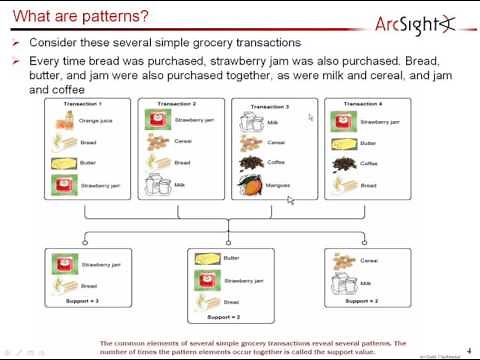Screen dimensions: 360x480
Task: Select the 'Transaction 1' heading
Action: click(85, 104)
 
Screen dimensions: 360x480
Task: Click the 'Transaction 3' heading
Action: click(269, 106)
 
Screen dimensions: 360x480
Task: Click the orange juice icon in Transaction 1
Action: click(63, 122)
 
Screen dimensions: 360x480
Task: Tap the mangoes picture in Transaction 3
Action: click(251, 184)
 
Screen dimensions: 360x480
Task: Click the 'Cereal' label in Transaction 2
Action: click(184, 142)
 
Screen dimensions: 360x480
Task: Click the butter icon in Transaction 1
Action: click(63, 164)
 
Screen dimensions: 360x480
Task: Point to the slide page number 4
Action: click(469, 350)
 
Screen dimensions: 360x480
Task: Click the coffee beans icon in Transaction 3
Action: click(250, 162)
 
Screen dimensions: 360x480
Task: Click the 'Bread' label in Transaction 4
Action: click(369, 185)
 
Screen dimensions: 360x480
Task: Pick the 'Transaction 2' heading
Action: click(177, 104)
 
